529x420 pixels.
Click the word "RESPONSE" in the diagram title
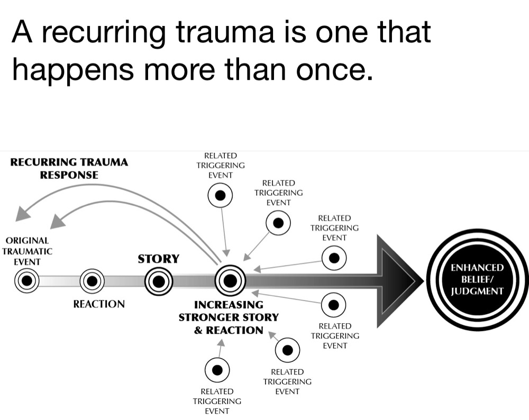pos(69,175)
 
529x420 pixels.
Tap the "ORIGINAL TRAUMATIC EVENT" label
pos(27,251)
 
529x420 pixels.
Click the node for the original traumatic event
pos(25,281)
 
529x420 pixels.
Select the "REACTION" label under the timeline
pos(99,304)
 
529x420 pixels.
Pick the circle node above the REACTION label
pos(92,281)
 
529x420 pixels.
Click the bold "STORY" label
pos(158,259)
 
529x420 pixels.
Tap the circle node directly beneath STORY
pos(159,281)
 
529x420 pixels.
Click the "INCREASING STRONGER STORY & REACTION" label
pos(228,317)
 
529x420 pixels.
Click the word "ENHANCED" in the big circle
pos(477,268)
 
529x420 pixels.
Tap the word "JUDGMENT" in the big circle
pos(477,291)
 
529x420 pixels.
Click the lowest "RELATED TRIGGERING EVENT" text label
pos(217,401)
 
